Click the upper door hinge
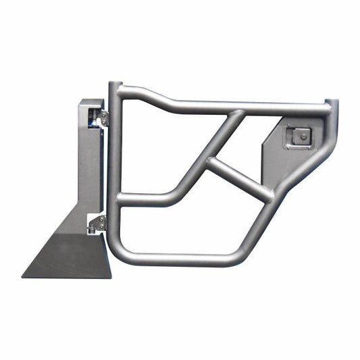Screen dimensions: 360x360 (x=103, y=118)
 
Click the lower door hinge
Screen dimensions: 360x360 (x=99, y=223)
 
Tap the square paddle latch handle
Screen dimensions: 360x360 (x=298, y=137)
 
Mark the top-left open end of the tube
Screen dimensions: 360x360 (x=115, y=86)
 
